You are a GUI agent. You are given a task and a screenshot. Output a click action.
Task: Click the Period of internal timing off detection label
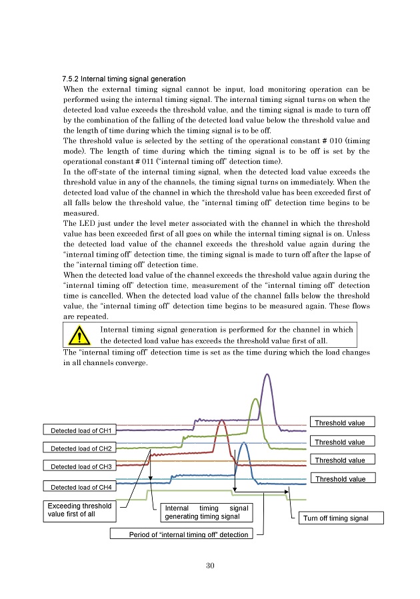click(184, 534)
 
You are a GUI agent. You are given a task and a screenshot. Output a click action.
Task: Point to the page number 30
click(210, 566)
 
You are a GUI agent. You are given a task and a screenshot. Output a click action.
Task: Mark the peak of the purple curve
click(268, 374)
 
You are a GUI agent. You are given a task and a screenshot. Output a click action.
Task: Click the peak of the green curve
click(254, 400)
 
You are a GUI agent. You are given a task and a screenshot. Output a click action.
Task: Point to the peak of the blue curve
click(245, 443)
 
